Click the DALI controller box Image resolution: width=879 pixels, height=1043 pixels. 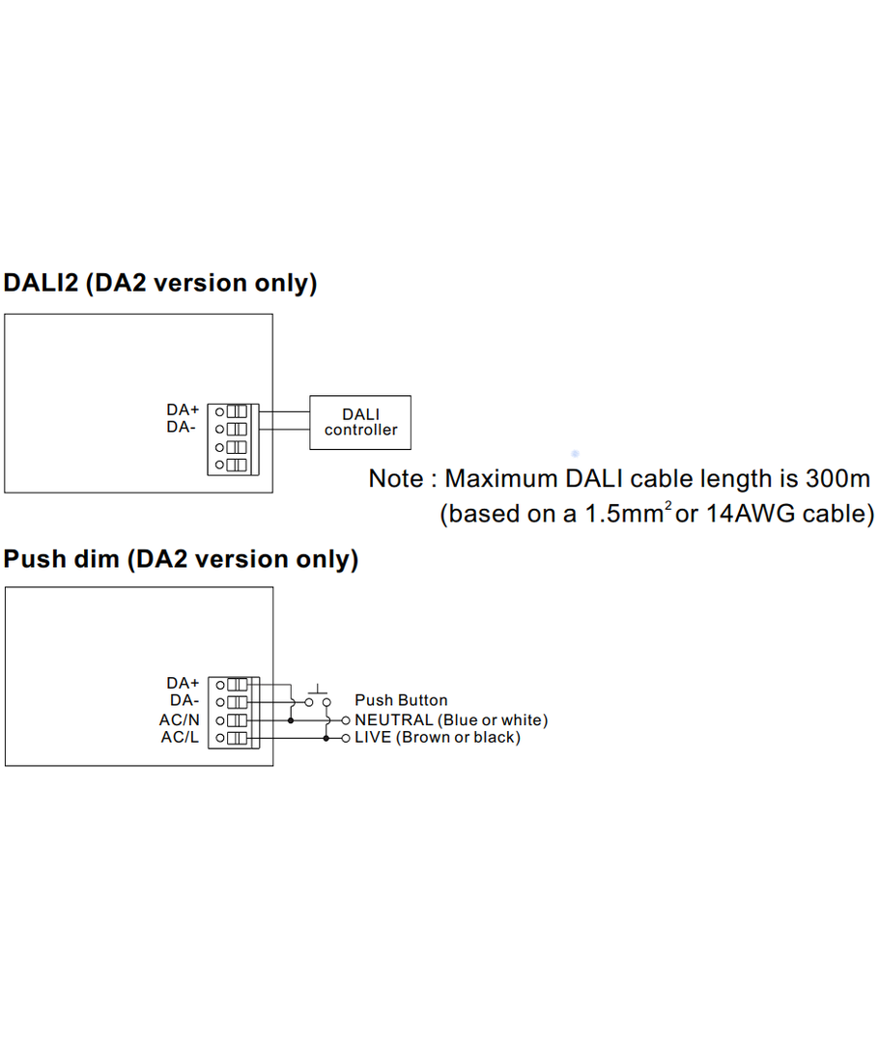[x=359, y=422]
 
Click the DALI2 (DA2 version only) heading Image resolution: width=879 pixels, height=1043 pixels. [x=160, y=283]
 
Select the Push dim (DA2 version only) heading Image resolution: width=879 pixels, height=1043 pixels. [x=181, y=559]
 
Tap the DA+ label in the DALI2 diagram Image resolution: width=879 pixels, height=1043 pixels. [x=183, y=410]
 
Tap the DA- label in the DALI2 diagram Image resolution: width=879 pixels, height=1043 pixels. [x=183, y=427]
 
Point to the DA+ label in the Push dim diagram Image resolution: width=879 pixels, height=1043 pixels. [x=183, y=684]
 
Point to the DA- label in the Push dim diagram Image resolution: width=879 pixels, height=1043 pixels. [x=184, y=701]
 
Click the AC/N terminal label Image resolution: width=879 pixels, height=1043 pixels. [x=180, y=719]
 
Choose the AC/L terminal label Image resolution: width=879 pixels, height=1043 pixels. [x=180, y=738]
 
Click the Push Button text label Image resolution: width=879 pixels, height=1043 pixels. [x=401, y=700]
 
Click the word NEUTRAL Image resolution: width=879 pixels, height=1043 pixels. [x=393, y=720]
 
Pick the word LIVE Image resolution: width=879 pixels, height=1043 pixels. [x=373, y=738]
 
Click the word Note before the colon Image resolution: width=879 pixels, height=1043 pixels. [x=395, y=479]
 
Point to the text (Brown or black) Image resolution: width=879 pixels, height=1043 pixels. [x=458, y=738]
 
